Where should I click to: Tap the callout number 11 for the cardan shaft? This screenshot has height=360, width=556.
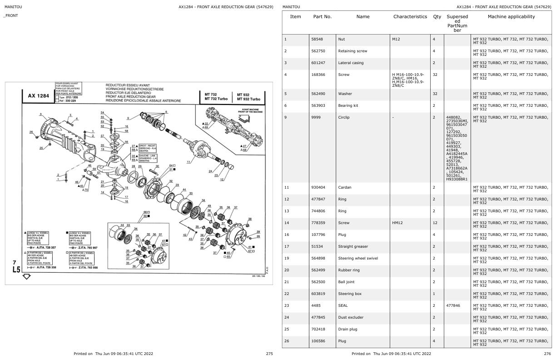pos(188,162)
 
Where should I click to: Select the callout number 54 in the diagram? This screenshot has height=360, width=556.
pos(102,112)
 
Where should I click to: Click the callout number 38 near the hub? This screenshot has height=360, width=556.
pos(249,219)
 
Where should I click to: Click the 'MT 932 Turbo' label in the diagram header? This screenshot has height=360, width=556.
pos(248,99)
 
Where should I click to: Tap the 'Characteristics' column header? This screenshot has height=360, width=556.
pos(410,17)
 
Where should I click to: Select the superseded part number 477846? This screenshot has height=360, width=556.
pos(454,305)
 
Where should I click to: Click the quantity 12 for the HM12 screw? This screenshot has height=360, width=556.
pos(436,223)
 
